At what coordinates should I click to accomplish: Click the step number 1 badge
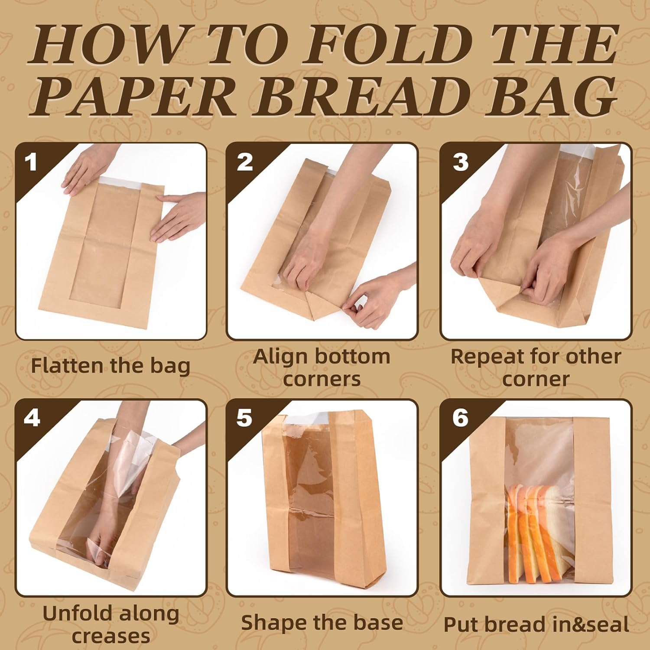click(x=31, y=162)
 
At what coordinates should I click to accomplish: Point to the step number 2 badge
click(x=244, y=162)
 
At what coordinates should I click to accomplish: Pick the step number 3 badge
click(x=460, y=162)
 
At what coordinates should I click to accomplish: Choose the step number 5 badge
click(x=244, y=418)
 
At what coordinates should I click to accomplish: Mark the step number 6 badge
click(x=460, y=418)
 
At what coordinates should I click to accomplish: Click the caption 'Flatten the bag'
click(x=111, y=366)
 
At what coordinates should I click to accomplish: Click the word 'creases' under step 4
click(x=111, y=636)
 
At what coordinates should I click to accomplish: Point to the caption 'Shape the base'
click(x=322, y=624)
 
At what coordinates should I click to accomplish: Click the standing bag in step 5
click(x=323, y=498)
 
